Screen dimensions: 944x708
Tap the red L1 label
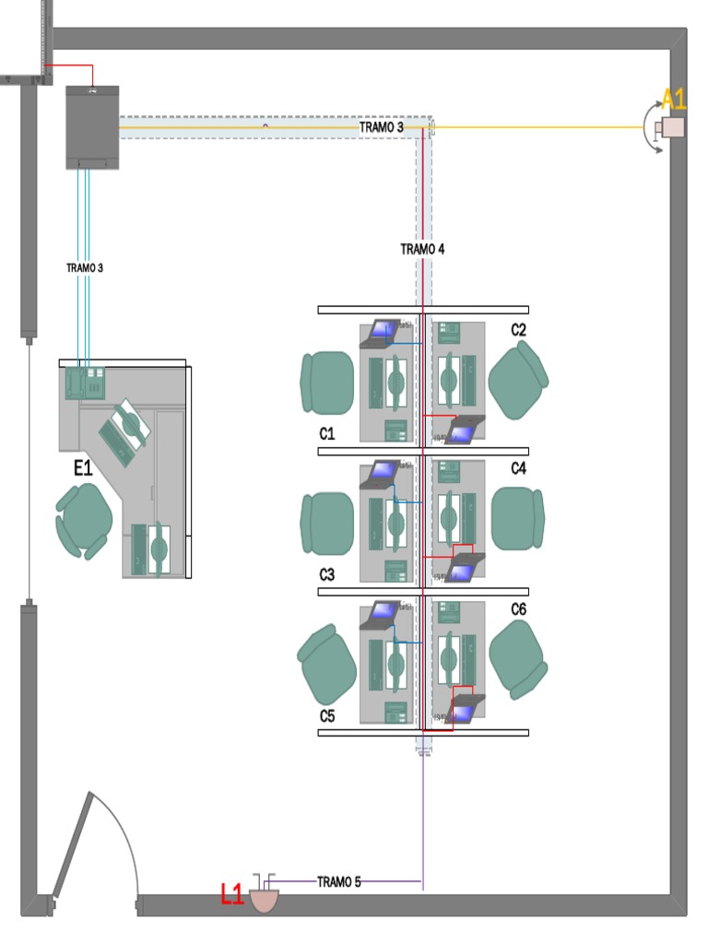231,893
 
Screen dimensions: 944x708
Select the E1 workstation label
84,469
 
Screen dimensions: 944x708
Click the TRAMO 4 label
423,249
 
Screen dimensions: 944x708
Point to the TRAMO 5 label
338,882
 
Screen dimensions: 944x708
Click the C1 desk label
327,433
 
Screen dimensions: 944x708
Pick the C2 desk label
519,330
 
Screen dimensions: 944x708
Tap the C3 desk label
327,575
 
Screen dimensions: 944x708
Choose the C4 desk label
519,469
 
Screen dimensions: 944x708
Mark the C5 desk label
327,716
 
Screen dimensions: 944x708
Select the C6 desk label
519,609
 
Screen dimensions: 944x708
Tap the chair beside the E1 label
84,522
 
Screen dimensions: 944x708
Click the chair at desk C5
327,660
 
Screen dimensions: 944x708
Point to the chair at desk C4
517,519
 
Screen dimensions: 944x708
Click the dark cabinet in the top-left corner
92,127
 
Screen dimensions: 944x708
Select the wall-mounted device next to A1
670,128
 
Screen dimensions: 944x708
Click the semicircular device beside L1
265,899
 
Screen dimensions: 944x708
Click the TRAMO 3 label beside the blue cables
85,268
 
